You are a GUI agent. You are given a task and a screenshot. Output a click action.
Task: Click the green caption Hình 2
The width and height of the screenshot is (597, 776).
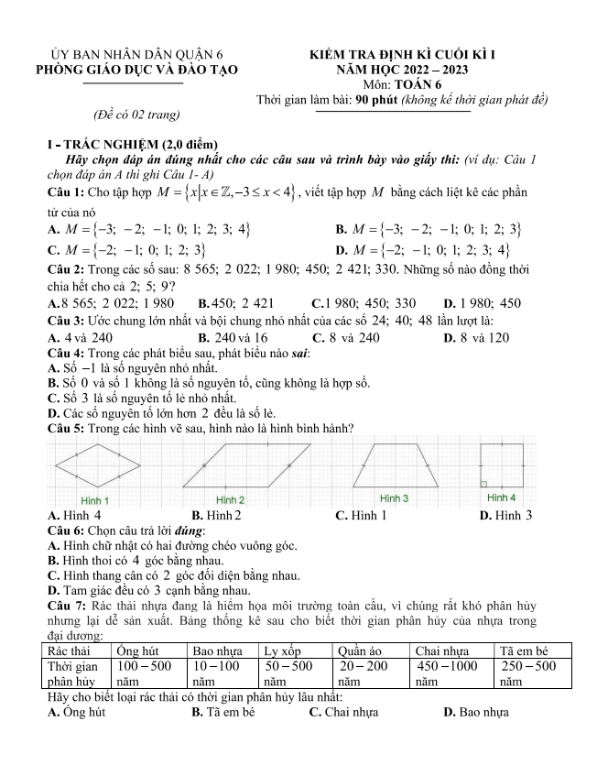(x=229, y=500)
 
